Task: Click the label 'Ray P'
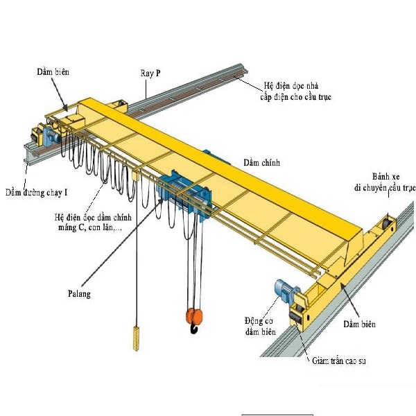(x=153, y=72)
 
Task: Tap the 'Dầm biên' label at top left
(x=53, y=71)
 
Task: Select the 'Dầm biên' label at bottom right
(x=359, y=324)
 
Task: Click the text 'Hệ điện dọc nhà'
(x=290, y=85)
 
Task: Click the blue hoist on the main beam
(x=182, y=193)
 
